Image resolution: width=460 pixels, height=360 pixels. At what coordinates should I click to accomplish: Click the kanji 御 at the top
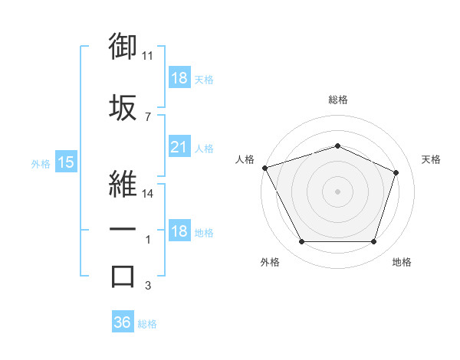point(123,46)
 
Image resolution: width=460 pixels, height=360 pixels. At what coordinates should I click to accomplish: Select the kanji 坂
point(123,107)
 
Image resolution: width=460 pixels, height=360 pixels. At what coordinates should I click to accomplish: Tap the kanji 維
point(123,184)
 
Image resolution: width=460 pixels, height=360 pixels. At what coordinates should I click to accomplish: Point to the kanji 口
point(123,277)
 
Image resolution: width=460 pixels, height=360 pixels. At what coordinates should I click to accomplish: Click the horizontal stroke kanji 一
point(123,229)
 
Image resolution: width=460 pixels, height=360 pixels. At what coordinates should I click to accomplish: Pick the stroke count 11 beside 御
point(147,56)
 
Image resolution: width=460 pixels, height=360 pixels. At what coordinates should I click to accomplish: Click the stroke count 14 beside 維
point(147,194)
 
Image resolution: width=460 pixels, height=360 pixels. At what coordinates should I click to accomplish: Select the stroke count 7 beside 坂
point(148,117)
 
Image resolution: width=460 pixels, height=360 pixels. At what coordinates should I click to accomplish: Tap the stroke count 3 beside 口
point(148,285)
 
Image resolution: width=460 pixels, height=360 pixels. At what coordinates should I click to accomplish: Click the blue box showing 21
point(179,146)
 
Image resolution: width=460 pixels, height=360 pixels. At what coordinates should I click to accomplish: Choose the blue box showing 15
point(66,162)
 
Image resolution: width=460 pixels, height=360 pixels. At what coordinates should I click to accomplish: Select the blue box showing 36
point(123,321)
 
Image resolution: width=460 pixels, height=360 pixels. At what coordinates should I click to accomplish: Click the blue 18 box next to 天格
point(179,77)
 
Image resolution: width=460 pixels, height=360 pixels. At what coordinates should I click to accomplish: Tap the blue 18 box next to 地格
point(179,230)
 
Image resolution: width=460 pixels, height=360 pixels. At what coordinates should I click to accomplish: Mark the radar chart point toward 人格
point(265,168)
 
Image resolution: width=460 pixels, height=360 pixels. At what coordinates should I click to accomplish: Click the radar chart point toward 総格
point(337,146)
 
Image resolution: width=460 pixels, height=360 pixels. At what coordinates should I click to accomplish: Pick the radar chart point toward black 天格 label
point(396,172)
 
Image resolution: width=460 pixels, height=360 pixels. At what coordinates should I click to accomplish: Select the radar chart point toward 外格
point(302,241)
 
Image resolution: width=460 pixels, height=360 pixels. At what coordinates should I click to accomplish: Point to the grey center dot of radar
point(337,191)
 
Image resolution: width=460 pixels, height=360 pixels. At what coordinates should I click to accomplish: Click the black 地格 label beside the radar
point(402,262)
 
